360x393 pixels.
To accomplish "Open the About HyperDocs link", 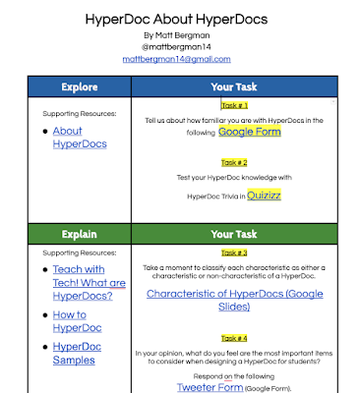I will (x=81, y=138).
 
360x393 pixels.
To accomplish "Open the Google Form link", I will (x=250, y=131).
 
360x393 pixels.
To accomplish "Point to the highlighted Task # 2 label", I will (x=234, y=163).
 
